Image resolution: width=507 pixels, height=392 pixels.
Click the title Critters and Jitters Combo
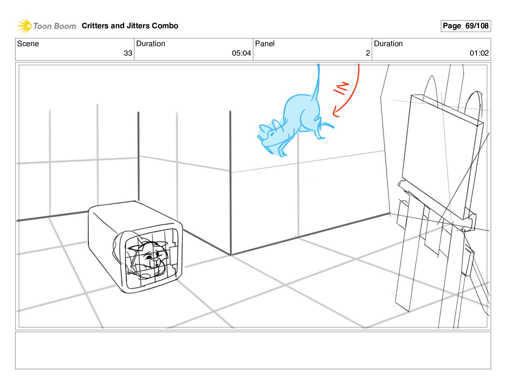pyautogui.click(x=130, y=26)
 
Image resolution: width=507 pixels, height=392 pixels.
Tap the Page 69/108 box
pyautogui.click(x=466, y=26)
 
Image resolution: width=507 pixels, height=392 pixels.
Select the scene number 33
pyautogui.click(x=128, y=53)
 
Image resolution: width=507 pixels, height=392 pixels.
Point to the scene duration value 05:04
pyautogui.click(x=241, y=53)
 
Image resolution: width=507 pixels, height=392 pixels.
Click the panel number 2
pyautogui.click(x=368, y=53)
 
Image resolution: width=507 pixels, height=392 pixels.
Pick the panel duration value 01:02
pyautogui.click(x=479, y=53)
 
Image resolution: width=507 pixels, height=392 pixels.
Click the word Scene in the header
pyautogui.click(x=28, y=44)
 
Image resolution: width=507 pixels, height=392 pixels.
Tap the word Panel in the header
pyautogui.click(x=265, y=44)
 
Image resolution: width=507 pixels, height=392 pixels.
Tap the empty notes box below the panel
pyautogui.click(x=253, y=350)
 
